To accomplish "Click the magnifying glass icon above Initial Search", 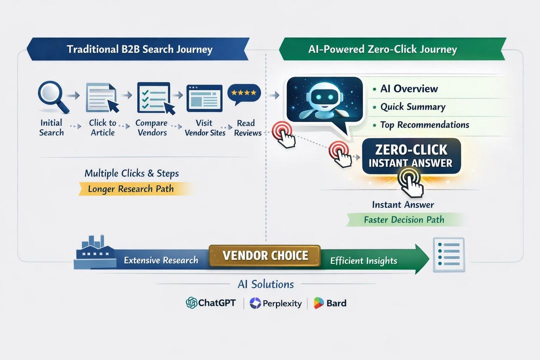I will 51,97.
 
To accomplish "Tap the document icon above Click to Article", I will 102,97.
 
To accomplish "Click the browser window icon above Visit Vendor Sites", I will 204,97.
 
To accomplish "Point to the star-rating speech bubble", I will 244,94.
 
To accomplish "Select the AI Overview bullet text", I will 408,89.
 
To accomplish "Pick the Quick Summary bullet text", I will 412,106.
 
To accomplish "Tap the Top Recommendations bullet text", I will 424,124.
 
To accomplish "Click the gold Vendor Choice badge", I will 265,255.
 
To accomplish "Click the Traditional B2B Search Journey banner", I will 139,49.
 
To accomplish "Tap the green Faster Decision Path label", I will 404,219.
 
